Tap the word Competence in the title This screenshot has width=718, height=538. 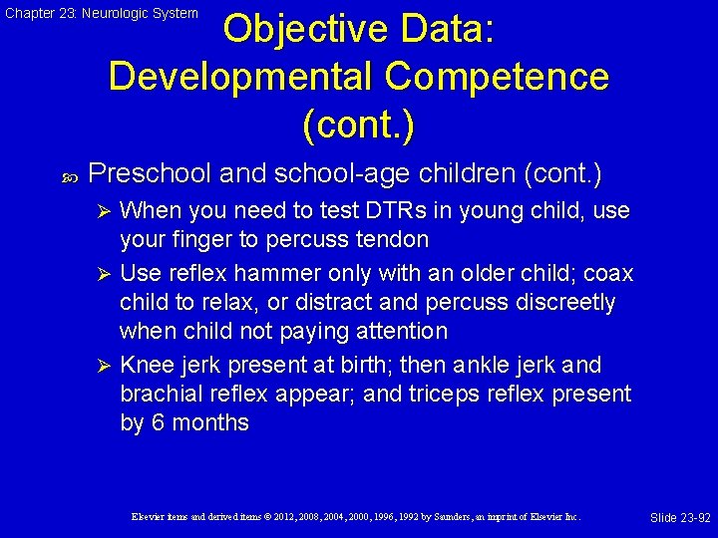[500, 76]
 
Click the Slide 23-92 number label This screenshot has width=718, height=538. [680, 518]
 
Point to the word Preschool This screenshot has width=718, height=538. [150, 174]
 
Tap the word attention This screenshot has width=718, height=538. [399, 331]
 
